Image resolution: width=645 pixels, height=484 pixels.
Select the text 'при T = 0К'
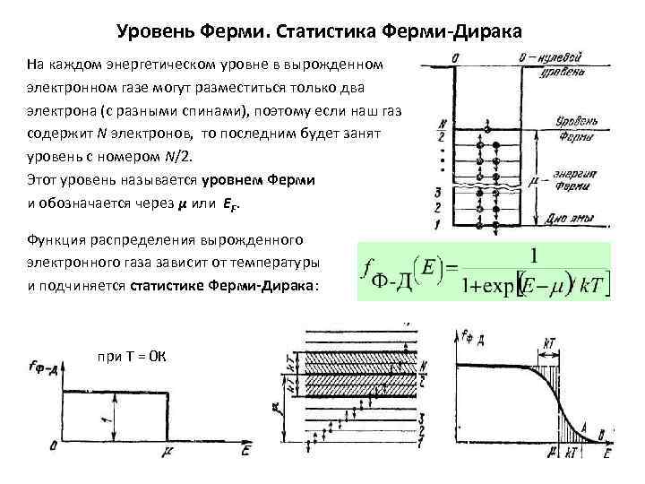[131, 356]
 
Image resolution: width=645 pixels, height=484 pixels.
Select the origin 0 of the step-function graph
[55, 445]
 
